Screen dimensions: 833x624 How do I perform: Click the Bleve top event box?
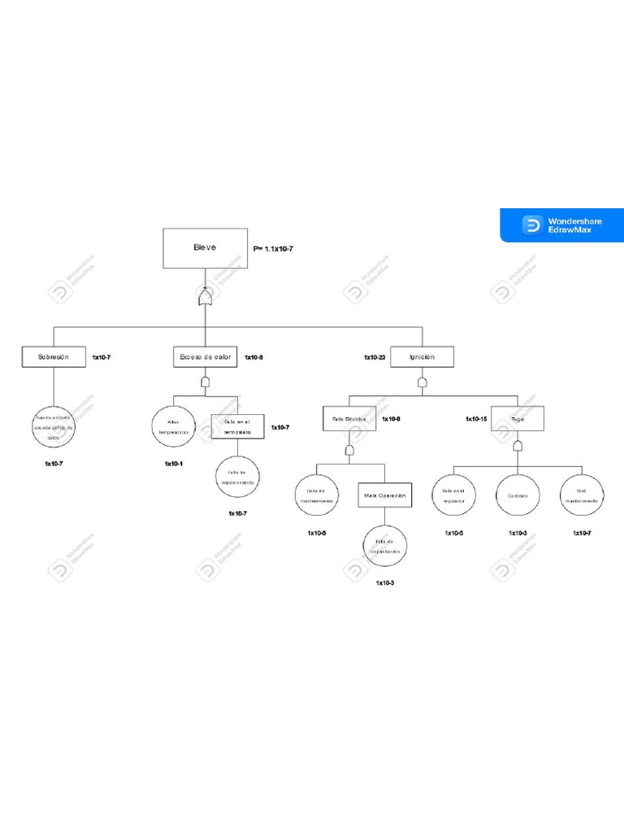(205, 247)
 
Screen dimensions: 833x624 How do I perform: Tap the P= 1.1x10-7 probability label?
(273, 249)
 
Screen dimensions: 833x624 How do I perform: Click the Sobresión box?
(54, 356)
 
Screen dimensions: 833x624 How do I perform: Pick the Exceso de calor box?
(206, 356)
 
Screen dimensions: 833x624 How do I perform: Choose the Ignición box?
(422, 356)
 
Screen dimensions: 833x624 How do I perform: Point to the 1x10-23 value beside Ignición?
(375, 357)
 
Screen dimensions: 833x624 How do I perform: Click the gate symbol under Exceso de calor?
(206, 382)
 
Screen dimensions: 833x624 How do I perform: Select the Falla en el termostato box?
(237, 427)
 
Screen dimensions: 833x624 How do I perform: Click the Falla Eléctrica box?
(349, 419)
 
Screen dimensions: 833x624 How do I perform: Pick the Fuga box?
(517, 419)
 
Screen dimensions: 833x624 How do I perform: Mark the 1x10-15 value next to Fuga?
(476, 419)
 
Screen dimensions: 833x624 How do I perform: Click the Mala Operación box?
(384, 495)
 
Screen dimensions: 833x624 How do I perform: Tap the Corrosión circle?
(518, 495)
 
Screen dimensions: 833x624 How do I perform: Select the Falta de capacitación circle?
(384, 546)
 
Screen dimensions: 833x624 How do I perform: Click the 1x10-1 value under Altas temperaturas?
(174, 464)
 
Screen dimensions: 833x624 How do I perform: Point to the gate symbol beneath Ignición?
(422, 382)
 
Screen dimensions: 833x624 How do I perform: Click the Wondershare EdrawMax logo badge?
(561, 225)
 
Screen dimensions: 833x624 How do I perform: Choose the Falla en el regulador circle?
(453, 495)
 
